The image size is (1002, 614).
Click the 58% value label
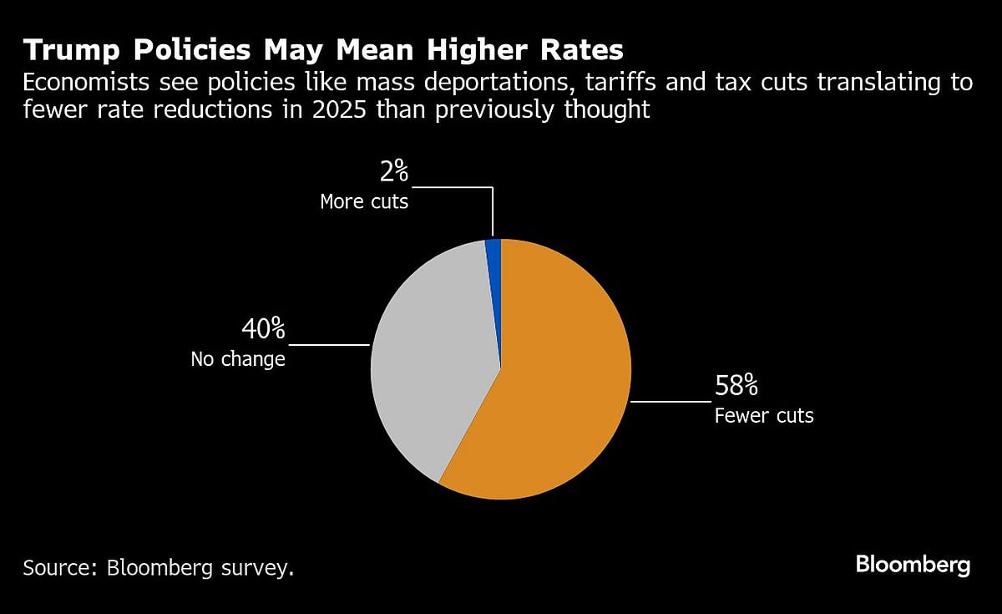736,386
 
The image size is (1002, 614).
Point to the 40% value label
263,329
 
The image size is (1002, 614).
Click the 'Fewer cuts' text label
764,415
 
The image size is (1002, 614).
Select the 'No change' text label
238,359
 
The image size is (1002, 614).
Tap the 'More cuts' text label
364,201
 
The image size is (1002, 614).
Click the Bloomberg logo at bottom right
913,565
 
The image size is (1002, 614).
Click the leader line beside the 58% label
670,402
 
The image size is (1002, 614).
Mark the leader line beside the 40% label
328,344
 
